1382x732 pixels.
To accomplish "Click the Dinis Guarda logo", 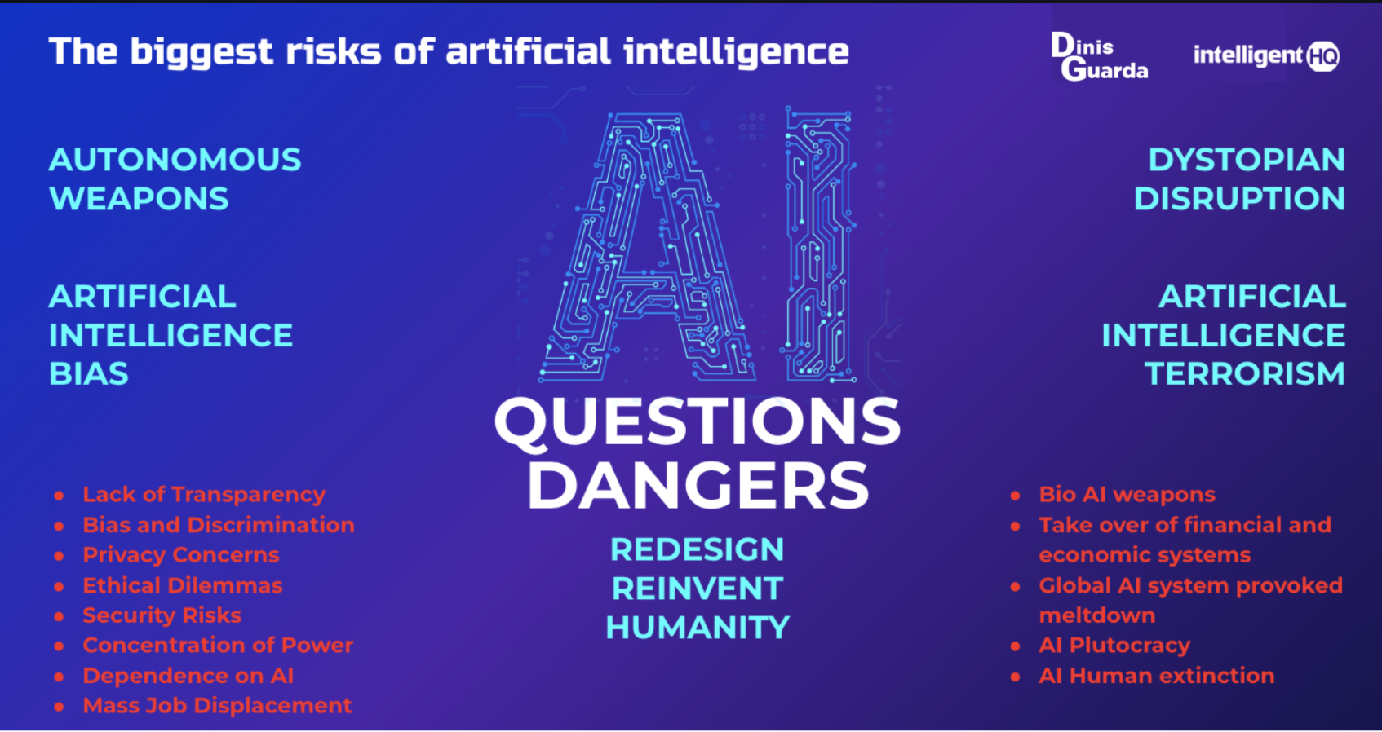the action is pyautogui.click(x=1100, y=56).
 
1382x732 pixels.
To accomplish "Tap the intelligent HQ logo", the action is pyautogui.click(x=1266, y=56).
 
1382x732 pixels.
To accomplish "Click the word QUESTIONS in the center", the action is pyautogui.click(x=698, y=421).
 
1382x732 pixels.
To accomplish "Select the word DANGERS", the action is pyautogui.click(x=698, y=486).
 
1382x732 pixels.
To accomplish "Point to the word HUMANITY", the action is pyautogui.click(x=698, y=627).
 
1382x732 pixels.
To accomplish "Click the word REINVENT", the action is pyautogui.click(x=698, y=589).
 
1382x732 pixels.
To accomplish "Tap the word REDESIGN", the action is pyautogui.click(x=698, y=549).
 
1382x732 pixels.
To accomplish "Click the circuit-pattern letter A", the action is pyautogui.click(x=648, y=247).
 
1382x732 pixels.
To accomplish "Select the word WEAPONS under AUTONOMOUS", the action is pyautogui.click(x=139, y=199).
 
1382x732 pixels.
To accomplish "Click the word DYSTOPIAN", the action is pyautogui.click(x=1247, y=160).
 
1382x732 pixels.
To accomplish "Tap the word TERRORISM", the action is pyautogui.click(x=1245, y=373).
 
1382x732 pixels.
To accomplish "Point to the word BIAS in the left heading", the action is pyautogui.click(x=89, y=373).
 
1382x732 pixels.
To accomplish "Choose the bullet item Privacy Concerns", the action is pyautogui.click(x=181, y=555).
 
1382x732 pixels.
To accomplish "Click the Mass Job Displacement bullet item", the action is pyautogui.click(x=217, y=705).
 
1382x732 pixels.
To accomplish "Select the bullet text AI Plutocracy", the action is pyautogui.click(x=1114, y=645).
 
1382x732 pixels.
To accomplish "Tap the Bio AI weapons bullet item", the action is pyautogui.click(x=1127, y=495).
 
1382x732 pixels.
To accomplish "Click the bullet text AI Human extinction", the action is pyautogui.click(x=1157, y=676).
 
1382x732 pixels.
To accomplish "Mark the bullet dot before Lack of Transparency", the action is pyautogui.click(x=60, y=495).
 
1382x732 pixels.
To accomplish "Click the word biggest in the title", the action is pyautogui.click(x=202, y=52).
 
